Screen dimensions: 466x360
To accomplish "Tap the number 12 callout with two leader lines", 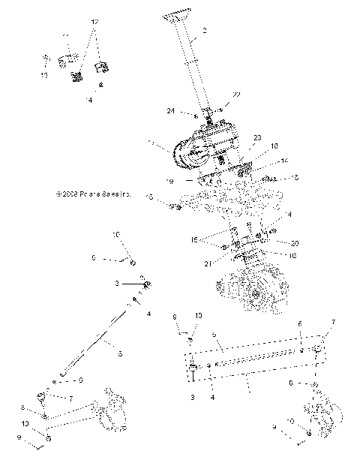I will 94,23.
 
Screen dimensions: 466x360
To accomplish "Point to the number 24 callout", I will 171,111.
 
